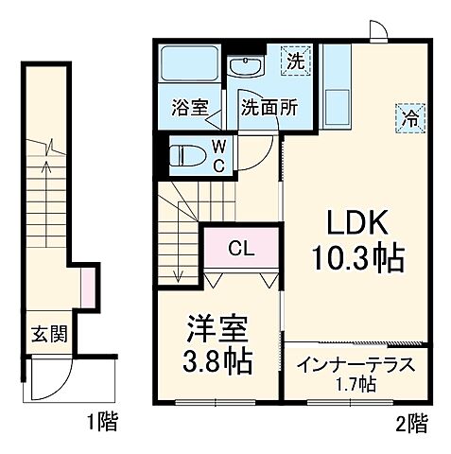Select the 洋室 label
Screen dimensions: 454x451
(217, 331)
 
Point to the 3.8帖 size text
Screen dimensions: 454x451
(217, 362)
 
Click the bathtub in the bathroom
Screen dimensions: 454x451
(188, 65)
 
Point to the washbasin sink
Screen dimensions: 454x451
(249, 66)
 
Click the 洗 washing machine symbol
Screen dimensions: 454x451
(297, 62)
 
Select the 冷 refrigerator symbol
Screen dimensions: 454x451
(410, 118)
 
